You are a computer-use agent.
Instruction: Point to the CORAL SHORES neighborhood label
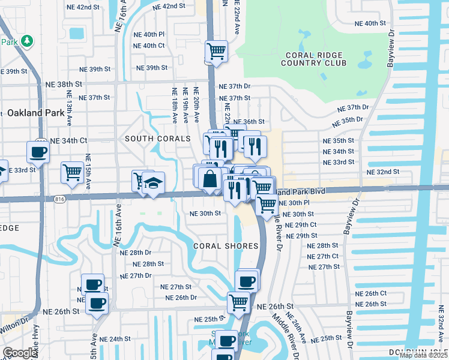(x=226, y=246)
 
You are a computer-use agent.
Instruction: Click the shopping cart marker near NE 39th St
(x=216, y=51)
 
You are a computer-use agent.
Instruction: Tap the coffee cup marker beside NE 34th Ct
(x=38, y=152)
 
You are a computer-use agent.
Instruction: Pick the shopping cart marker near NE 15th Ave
(x=72, y=172)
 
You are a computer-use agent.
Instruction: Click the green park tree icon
(x=26, y=41)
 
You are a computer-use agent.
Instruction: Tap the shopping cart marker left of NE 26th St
(x=238, y=303)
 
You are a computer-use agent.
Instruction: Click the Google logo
(x=20, y=353)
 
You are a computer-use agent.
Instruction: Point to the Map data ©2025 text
(x=423, y=355)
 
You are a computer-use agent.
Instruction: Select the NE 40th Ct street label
(x=149, y=46)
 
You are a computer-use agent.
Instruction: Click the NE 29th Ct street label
(x=301, y=224)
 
